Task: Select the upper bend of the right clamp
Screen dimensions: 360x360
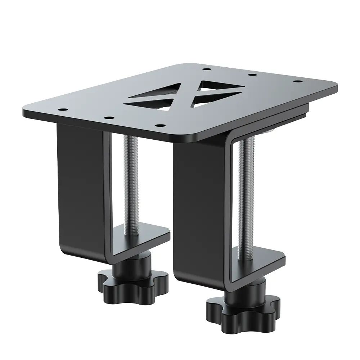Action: [x=230, y=139]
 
